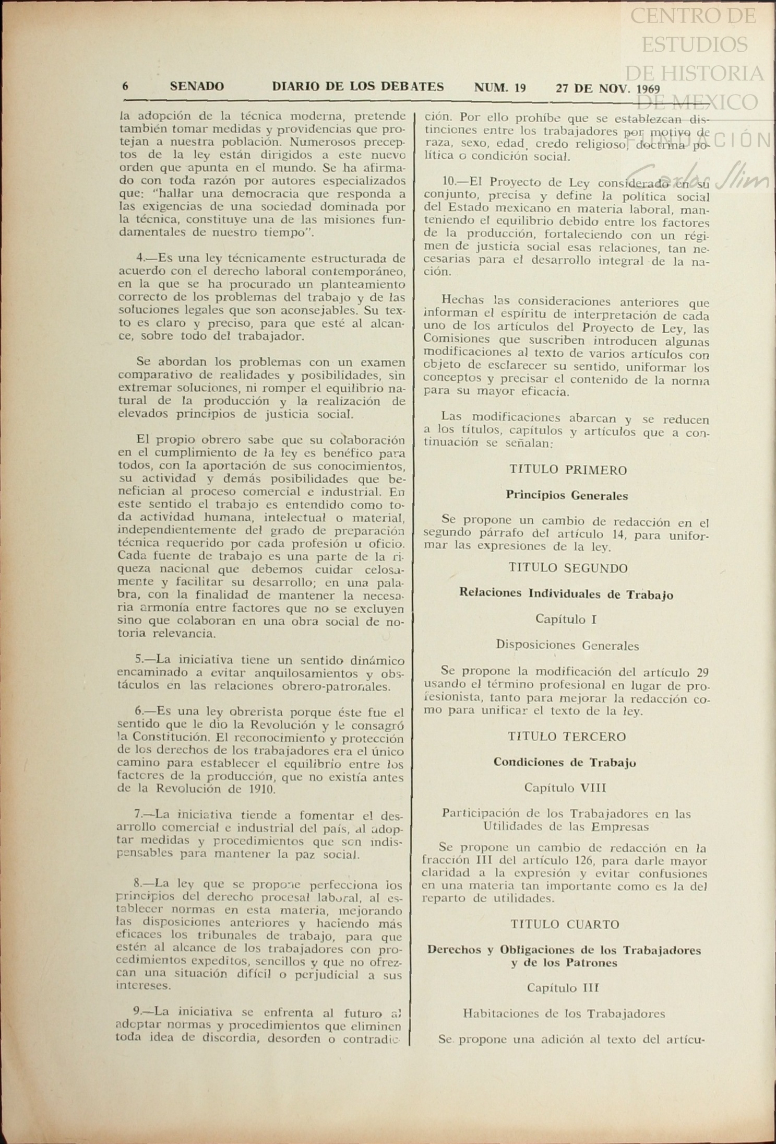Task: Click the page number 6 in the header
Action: [125, 87]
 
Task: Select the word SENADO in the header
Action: [197, 87]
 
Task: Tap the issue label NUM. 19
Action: [499, 88]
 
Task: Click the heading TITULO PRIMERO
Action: [568, 470]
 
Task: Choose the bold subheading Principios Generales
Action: [567, 496]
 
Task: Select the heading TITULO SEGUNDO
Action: [568, 568]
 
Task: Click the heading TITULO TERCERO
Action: [567, 737]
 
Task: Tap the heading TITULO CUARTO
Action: [565, 924]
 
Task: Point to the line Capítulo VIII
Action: [565, 788]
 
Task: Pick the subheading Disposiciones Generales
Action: [567, 646]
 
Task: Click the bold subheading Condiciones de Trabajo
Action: [565, 762]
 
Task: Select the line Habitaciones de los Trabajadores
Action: [564, 1014]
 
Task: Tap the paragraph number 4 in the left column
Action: [140, 258]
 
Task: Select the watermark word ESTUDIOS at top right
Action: [695, 44]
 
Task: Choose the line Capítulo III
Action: [563, 988]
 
